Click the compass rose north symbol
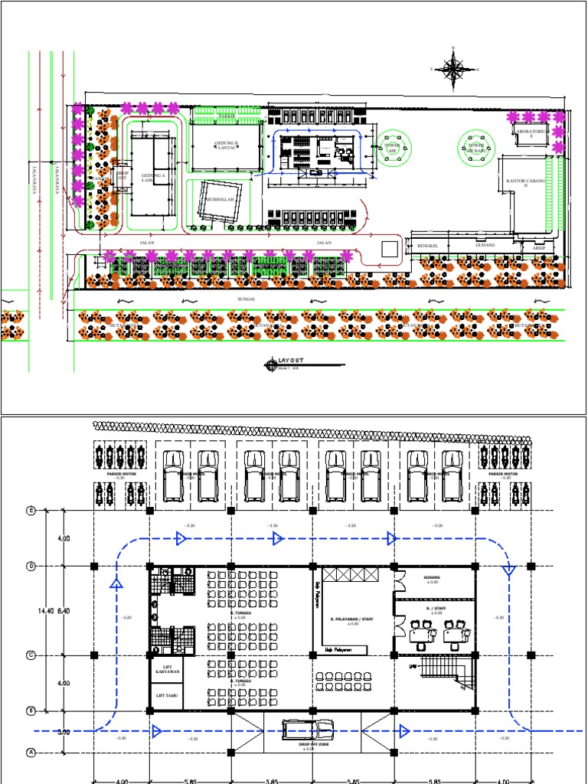(454, 69)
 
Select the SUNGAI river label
(246, 300)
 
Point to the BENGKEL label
(426, 245)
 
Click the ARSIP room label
(537, 247)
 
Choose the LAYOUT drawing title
(291, 361)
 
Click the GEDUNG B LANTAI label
(227, 145)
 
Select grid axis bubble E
(31, 511)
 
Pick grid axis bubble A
(31, 752)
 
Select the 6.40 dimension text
(64, 611)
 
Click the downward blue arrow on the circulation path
(509, 570)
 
